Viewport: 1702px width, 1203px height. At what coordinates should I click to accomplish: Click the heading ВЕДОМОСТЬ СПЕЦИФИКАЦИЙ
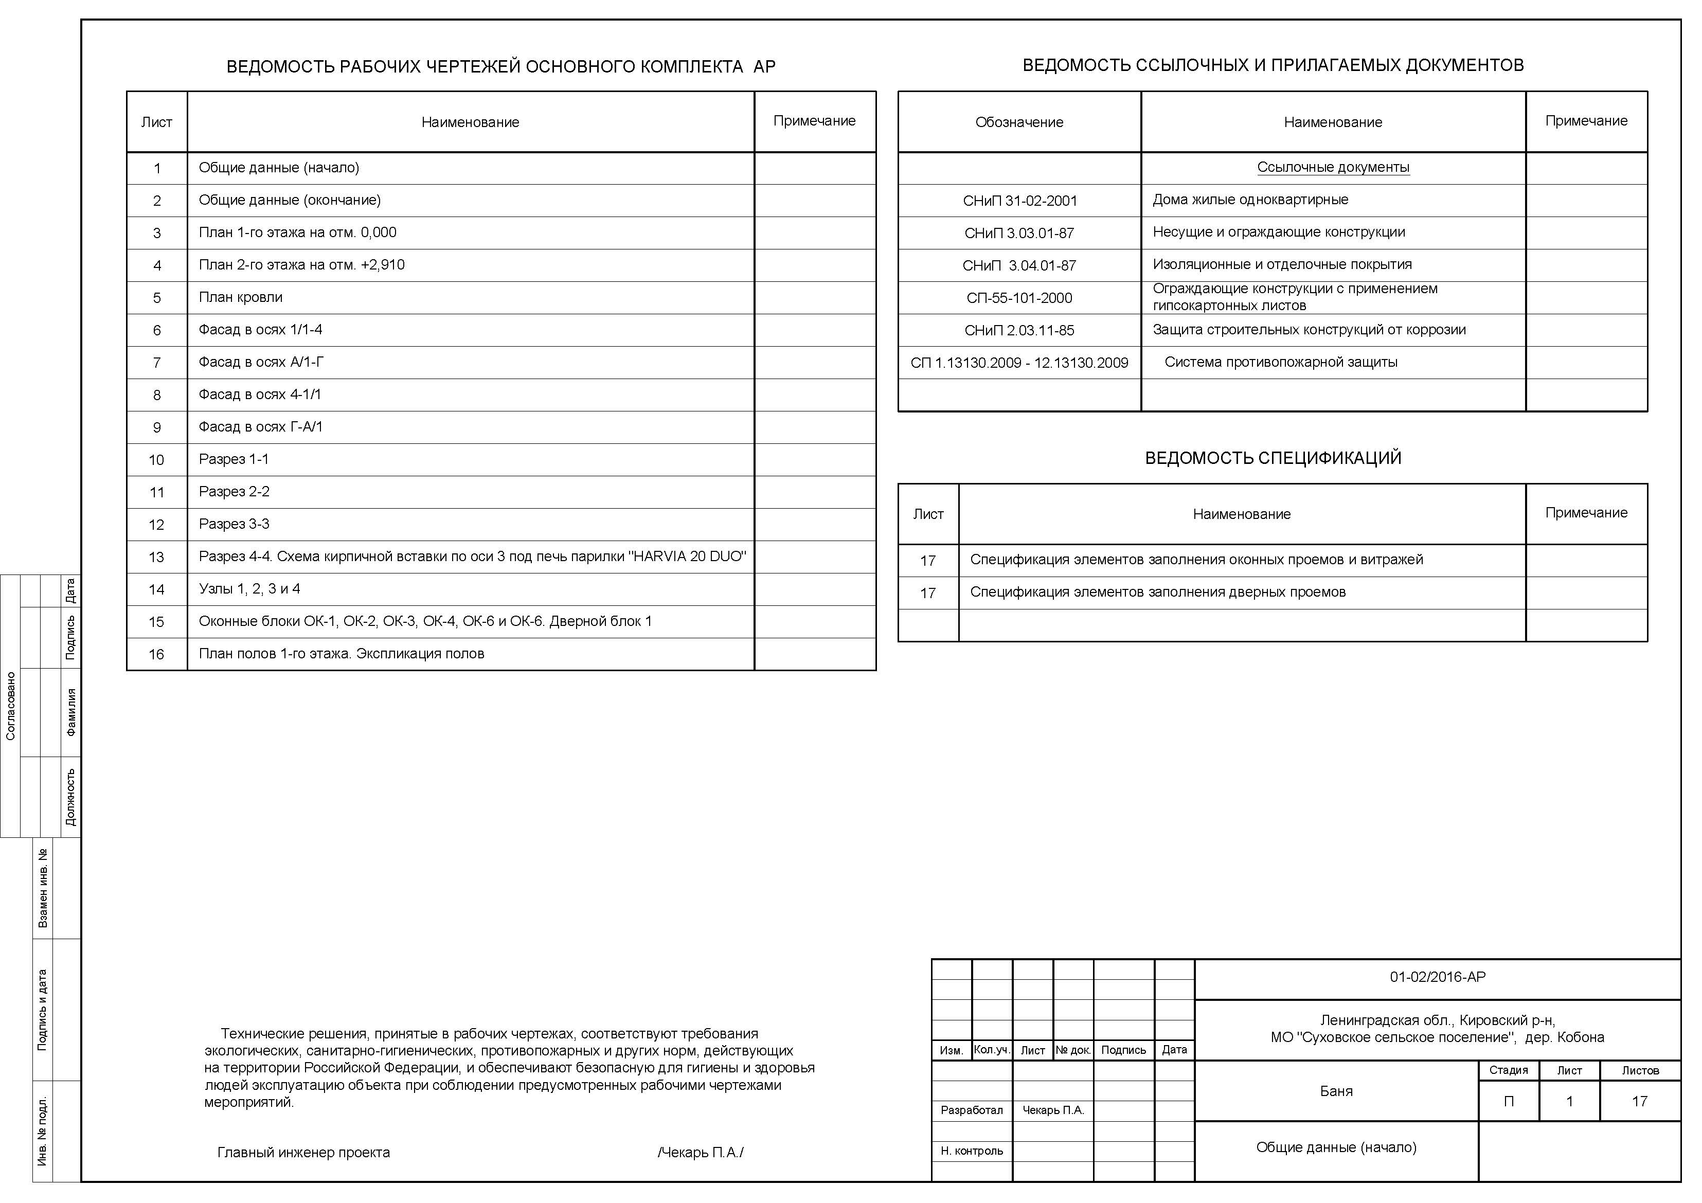click(x=1273, y=458)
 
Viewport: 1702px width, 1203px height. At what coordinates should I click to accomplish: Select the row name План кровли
click(x=240, y=297)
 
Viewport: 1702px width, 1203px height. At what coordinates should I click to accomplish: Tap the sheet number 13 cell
click(x=156, y=556)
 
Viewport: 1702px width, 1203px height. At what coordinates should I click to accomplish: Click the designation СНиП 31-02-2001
click(x=1019, y=200)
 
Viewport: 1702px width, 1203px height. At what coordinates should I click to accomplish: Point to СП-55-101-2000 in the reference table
click(x=1019, y=298)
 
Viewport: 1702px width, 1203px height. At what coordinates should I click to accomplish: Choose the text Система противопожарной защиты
click(x=1280, y=363)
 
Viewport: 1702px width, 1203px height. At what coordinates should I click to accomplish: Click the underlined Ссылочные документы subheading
click(x=1333, y=168)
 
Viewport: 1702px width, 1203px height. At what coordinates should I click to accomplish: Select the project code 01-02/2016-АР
click(x=1437, y=977)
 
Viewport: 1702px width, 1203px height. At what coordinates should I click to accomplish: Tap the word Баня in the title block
click(x=1336, y=1091)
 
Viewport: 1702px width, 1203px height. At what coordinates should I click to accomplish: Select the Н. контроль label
click(x=971, y=1151)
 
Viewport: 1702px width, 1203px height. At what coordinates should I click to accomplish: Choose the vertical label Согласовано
click(x=10, y=706)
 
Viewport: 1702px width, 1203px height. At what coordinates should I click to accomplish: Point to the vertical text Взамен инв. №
click(x=43, y=888)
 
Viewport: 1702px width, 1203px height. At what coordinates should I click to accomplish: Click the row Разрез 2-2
click(x=234, y=491)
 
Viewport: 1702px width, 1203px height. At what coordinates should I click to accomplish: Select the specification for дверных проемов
click(x=1157, y=592)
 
